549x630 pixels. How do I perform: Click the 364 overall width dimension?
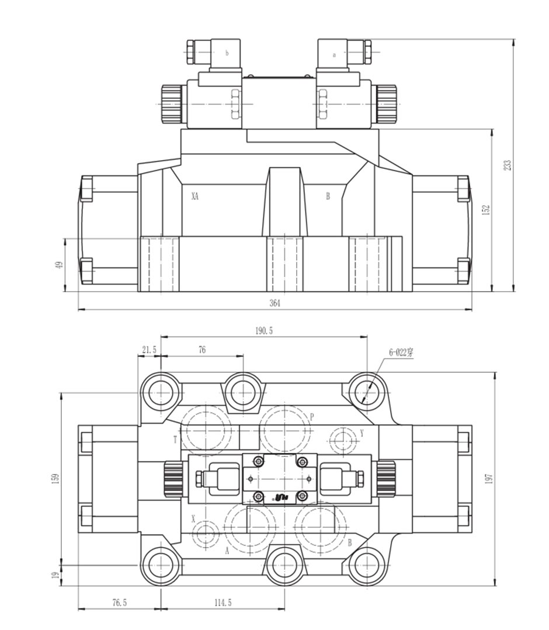click(x=274, y=303)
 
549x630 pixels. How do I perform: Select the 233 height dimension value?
click(x=508, y=165)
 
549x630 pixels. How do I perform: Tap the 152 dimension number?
click(x=486, y=210)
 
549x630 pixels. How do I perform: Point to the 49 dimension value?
click(x=60, y=265)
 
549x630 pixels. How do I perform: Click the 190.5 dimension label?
click(x=264, y=331)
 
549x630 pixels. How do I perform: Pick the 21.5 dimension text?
click(x=149, y=349)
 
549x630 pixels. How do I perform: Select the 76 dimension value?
click(x=202, y=349)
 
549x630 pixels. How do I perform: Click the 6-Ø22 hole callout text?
click(x=401, y=352)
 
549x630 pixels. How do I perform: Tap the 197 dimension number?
click(x=489, y=478)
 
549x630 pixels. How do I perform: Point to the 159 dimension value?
click(x=55, y=478)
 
